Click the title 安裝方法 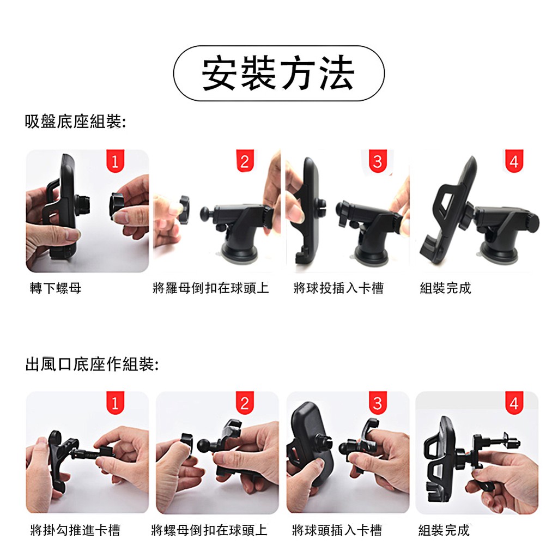tap(278, 74)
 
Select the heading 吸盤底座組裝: tap(75, 122)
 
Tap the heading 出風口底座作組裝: tap(92, 364)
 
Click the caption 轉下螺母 tap(56, 288)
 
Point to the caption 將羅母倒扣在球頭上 tap(211, 288)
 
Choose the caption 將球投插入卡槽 tap(338, 288)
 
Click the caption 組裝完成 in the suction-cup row tap(446, 288)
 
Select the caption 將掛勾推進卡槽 tap(75, 530)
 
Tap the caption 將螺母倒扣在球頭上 tap(209, 530)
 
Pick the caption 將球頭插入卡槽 tap(337, 530)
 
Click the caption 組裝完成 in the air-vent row tap(444, 530)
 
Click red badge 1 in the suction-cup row tap(116, 161)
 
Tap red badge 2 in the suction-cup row tap(245, 161)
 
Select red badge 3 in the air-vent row tap(378, 403)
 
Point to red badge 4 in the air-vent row tap(514, 403)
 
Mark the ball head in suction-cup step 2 tap(207, 214)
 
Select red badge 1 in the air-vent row tap(116, 403)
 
